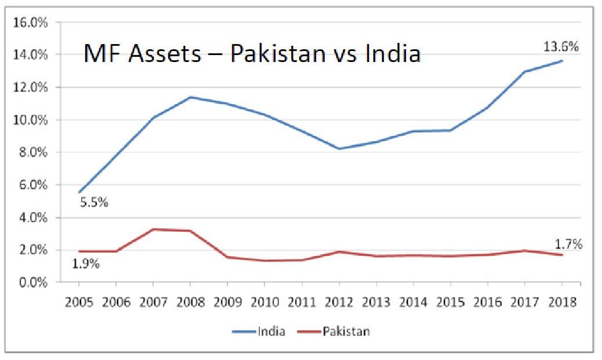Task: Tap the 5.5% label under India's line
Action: tap(93, 203)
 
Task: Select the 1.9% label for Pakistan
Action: tap(85, 264)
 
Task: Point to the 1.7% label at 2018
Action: tap(567, 245)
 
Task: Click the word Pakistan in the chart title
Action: tap(277, 54)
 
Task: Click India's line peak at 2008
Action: tap(190, 97)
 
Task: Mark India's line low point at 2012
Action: tap(339, 149)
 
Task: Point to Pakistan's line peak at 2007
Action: tap(153, 229)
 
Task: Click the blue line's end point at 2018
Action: tap(561, 61)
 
